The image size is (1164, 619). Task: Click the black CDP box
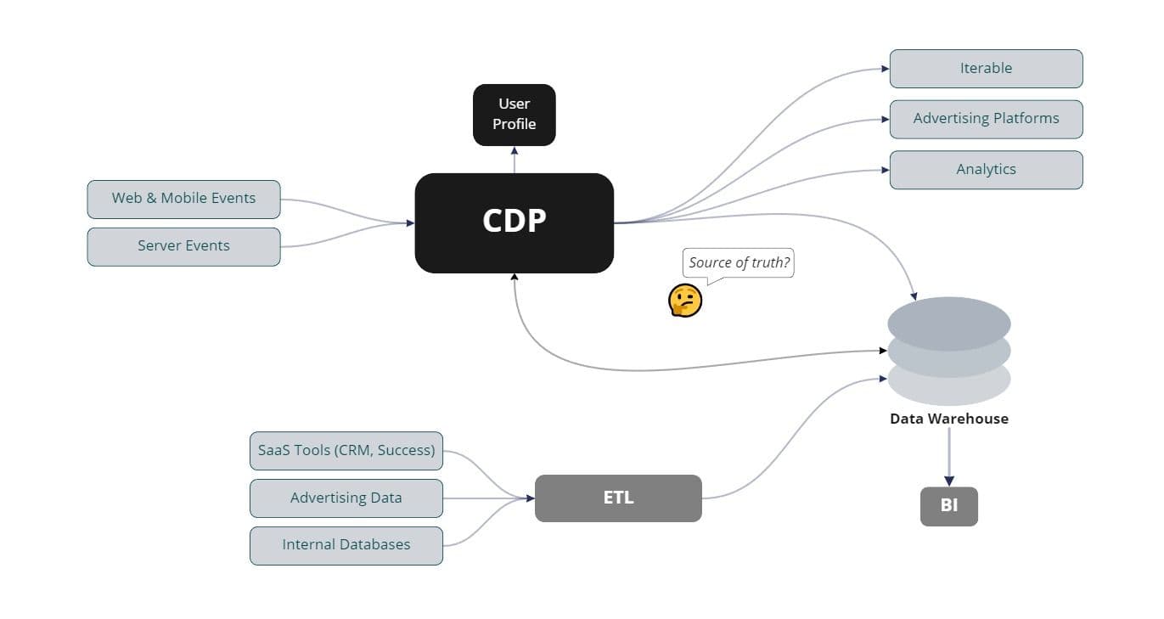coord(514,222)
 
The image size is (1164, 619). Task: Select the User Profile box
coord(514,115)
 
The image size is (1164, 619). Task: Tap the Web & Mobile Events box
coord(183,199)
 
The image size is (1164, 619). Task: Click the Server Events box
coord(183,246)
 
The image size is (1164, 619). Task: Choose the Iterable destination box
coord(986,69)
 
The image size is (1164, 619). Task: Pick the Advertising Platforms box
coord(986,119)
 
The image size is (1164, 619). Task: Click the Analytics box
coord(986,170)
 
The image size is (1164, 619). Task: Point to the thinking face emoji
coord(684,301)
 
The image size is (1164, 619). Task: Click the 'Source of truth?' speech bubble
coord(739,263)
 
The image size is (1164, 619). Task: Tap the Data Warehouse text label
coord(948,419)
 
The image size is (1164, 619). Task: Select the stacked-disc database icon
coord(948,351)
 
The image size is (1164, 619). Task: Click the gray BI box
coord(948,506)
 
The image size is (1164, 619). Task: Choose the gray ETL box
coord(618,498)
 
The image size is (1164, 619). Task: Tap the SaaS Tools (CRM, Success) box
coord(346,451)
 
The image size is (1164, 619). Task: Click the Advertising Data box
coord(346,498)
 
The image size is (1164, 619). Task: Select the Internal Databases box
coord(346,545)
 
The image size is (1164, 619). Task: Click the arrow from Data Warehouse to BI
coord(948,457)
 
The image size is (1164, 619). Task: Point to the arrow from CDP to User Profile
coord(514,160)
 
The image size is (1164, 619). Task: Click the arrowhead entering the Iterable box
coord(885,69)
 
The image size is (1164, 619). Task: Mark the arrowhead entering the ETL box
coord(530,498)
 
